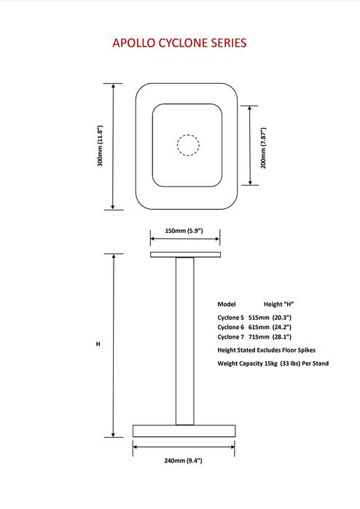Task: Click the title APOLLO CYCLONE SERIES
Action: [179, 43]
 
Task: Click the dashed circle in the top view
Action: [188, 135]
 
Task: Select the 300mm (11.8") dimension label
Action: [100, 146]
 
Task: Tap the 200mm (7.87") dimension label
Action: [264, 148]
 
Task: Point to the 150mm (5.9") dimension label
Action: [184, 231]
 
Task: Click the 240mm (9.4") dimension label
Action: [183, 460]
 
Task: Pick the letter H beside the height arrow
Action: [98, 344]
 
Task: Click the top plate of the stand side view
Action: [186, 255]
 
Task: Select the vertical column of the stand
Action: [185, 341]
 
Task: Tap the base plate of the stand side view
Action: [184, 431]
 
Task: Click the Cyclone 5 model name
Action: [231, 317]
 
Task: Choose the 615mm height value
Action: [259, 327]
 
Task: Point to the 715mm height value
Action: [259, 337]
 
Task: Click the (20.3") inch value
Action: [282, 317]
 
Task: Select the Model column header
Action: [227, 304]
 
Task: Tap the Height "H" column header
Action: [279, 304]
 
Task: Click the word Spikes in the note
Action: [307, 350]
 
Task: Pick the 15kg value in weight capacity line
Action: [270, 363]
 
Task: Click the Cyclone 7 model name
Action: [231, 337]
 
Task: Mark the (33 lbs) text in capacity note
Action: [290, 363]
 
